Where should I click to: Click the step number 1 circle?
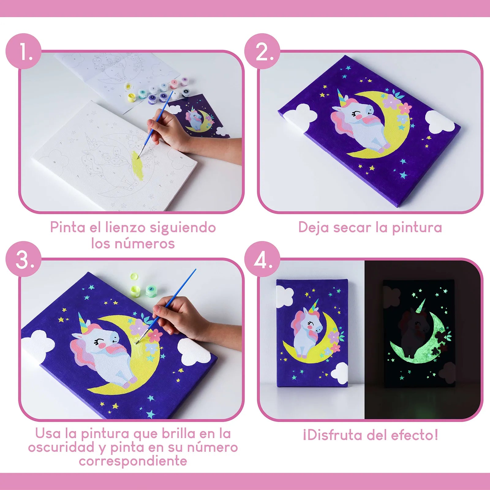tap(24, 51)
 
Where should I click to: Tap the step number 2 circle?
tap(262, 51)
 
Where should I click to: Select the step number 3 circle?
tap(24, 259)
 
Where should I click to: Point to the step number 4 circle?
tap(262, 259)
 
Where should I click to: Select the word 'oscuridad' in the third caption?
tap(61, 447)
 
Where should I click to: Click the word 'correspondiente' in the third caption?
tap(133, 461)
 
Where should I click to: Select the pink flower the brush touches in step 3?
tap(156, 335)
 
